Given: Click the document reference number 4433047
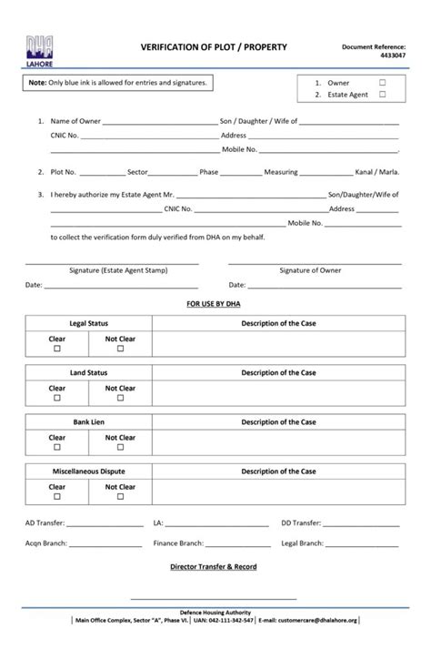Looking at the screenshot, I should pyautogui.click(x=392, y=56).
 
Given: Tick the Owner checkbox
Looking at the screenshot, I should pyautogui.click(x=382, y=82).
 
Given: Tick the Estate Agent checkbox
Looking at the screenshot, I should pyautogui.click(x=382, y=94).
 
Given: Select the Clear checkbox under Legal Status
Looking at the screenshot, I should pyautogui.click(x=57, y=349).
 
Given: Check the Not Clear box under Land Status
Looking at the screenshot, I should pyautogui.click(x=120, y=398).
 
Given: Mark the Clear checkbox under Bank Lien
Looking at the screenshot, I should pyautogui.click(x=57, y=447).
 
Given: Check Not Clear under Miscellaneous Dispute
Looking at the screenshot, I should pyautogui.click(x=120, y=496).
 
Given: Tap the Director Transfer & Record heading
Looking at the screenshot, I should pyautogui.click(x=215, y=566).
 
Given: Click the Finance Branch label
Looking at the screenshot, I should pyautogui.click(x=177, y=542).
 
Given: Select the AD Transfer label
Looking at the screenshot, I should pyautogui.click(x=45, y=523).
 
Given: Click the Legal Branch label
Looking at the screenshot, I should pyautogui.click(x=302, y=542).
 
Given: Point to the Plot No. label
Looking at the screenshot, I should pyautogui.click(x=63, y=170).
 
